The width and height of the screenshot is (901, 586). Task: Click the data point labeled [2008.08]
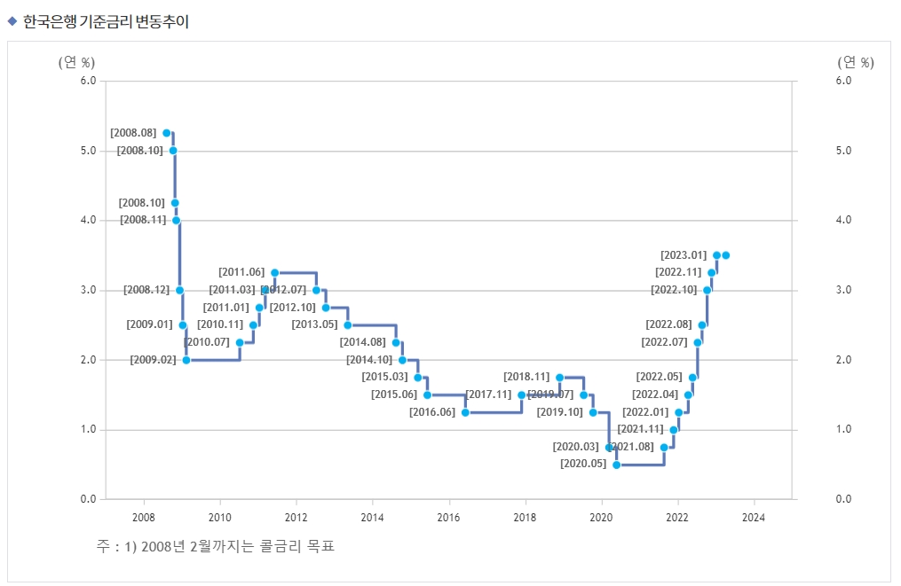(166, 133)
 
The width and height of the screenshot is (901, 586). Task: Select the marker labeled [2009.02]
(186, 360)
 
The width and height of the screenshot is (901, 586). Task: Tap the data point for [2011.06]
(274, 272)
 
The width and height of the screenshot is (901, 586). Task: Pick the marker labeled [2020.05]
(617, 465)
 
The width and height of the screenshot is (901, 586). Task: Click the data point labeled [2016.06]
(465, 412)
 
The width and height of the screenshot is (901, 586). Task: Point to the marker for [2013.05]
(348, 325)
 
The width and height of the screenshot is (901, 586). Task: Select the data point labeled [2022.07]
(698, 342)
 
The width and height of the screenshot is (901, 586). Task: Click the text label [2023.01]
(684, 255)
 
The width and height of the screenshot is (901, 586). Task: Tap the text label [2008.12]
(146, 290)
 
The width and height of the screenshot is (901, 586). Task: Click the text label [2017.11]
(488, 395)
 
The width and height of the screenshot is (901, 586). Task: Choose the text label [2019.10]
(560, 412)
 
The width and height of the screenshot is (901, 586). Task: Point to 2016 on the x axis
(448, 517)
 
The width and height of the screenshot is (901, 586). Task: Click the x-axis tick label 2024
(754, 517)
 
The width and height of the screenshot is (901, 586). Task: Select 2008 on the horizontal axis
(143, 517)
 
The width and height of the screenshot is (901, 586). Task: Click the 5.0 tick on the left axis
(87, 151)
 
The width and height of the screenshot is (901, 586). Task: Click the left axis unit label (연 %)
(76, 62)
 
